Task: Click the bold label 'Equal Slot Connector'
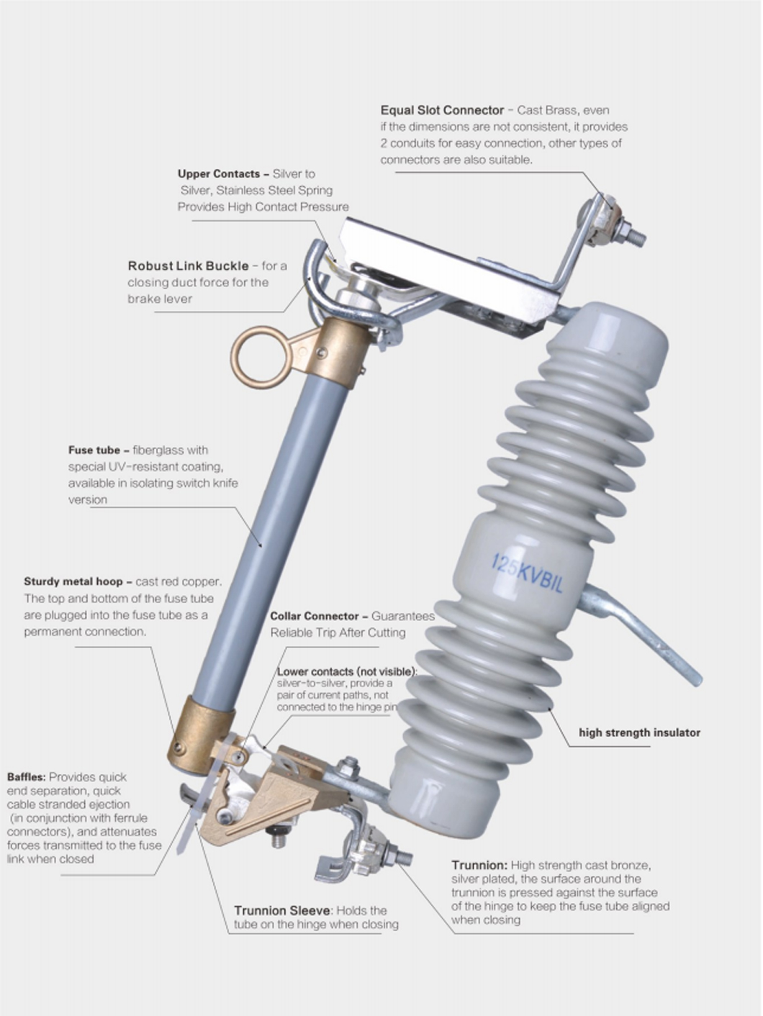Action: click(442, 110)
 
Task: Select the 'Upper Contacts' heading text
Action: click(219, 174)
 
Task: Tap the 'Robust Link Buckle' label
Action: click(188, 266)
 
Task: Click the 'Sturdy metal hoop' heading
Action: click(73, 581)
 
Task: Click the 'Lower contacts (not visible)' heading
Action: click(347, 671)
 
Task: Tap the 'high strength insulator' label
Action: click(639, 732)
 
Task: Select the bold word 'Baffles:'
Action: click(26, 777)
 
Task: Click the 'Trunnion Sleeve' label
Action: click(282, 911)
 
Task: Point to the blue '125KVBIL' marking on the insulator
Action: click(527, 573)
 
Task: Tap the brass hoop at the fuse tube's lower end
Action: click(200, 735)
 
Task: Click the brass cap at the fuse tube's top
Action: click(340, 352)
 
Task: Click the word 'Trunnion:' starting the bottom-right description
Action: click(479, 865)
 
